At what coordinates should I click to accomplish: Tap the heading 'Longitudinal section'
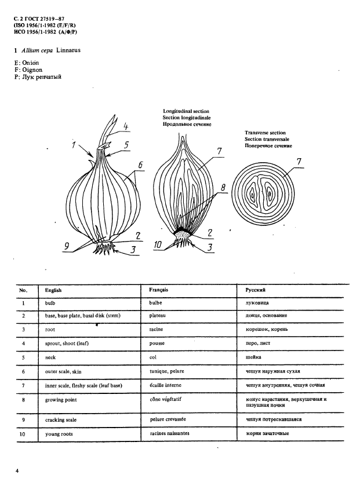[x=186, y=111]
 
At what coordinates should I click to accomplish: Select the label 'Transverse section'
[x=265, y=133]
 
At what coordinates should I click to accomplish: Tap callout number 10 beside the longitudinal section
[x=158, y=245]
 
